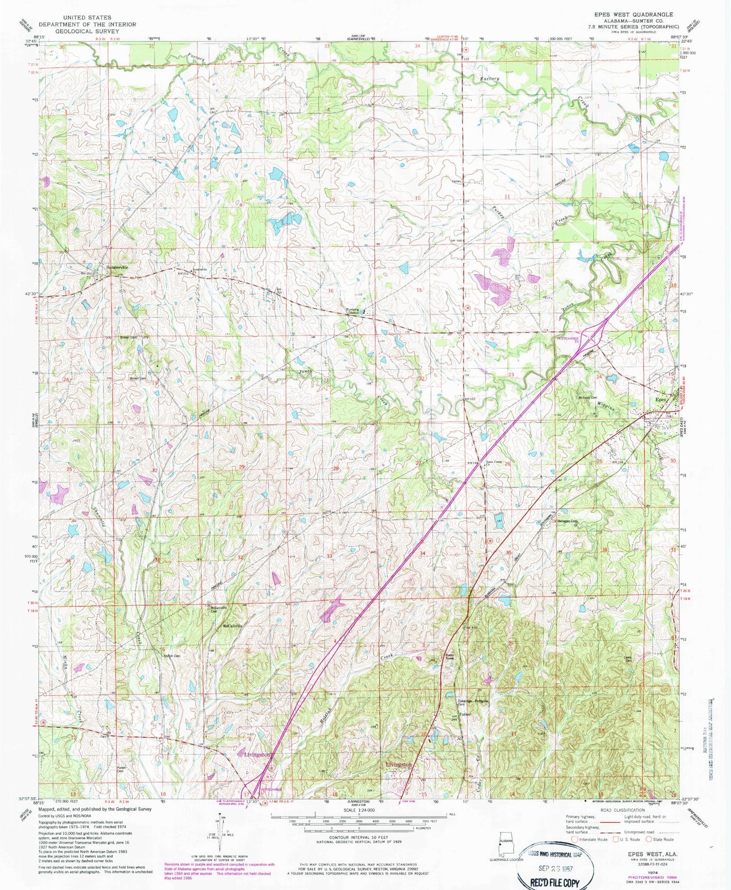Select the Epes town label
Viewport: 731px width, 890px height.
(x=660, y=399)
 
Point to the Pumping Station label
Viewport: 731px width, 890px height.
(x=353, y=311)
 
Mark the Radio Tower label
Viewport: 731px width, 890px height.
(x=449, y=656)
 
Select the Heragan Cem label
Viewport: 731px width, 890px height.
(x=567, y=521)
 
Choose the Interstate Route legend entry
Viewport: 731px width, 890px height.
(x=591, y=839)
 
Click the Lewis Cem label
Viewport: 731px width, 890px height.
(x=628, y=659)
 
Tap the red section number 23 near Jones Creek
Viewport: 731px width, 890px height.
(x=511, y=375)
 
